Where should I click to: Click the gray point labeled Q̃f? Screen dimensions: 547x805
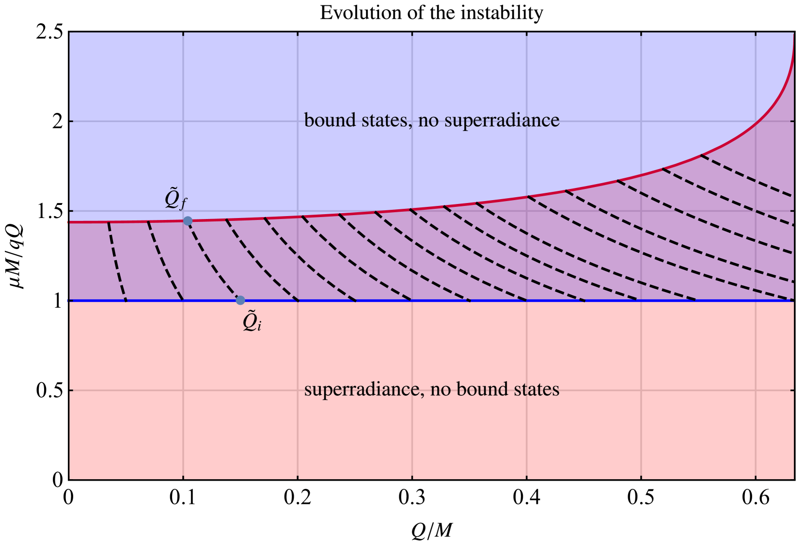click(x=188, y=221)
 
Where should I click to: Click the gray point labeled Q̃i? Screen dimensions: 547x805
click(x=240, y=300)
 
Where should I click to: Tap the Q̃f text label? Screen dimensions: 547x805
click(x=175, y=199)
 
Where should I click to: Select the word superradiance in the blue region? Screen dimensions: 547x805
click(x=502, y=120)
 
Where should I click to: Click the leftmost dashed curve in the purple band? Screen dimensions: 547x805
click(x=116, y=262)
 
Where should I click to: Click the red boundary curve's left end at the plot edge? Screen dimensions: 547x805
click(x=71, y=221)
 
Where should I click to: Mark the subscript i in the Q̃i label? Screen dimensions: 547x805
click(x=259, y=326)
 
